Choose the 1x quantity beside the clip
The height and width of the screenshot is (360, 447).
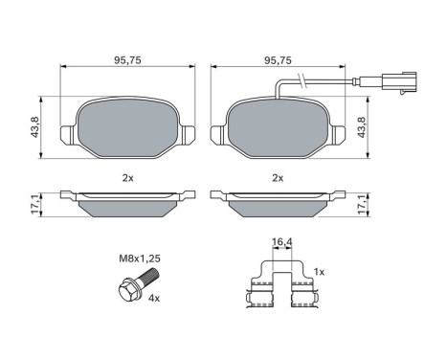click(x=319, y=273)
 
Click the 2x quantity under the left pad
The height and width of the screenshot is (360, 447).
click(x=127, y=177)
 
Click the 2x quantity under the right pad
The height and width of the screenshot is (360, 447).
click(x=279, y=177)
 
